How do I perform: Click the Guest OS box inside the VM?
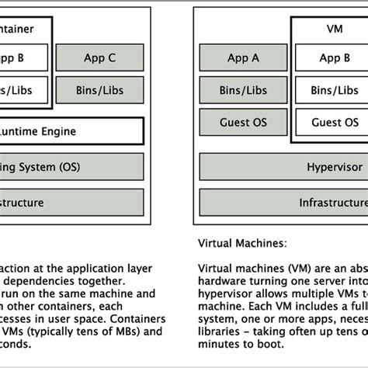(x=335, y=122)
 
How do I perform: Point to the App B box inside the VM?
(x=335, y=57)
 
